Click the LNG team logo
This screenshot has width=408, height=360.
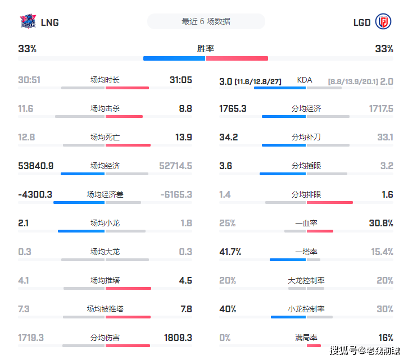tap(28, 22)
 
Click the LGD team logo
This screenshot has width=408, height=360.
tap(383, 22)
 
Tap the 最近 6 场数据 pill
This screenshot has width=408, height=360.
tap(206, 21)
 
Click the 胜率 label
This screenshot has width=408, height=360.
tap(206, 49)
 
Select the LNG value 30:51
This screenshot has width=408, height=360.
tap(29, 80)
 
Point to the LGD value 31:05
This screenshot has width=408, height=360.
tap(180, 80)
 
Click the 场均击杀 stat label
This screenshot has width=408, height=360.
tap(105, 108)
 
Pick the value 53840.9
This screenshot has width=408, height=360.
tap(36, 166)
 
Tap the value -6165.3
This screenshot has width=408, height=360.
tap(176, 194)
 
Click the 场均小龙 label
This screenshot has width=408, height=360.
tap(105, 223)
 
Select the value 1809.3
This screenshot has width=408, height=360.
tap(178, 338)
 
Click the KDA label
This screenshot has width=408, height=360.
tap(305, 80)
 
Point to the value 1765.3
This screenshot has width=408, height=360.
tap(233, 108)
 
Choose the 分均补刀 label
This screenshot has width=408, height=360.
tap(306, 137)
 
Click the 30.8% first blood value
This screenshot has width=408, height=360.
tap(380, 223)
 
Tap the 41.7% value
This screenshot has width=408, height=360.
tap(230, 252)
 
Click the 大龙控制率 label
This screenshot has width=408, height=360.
tap(306, 280)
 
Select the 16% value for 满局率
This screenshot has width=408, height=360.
tap(386, 338)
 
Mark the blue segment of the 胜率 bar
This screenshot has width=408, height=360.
tap(174, 58)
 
